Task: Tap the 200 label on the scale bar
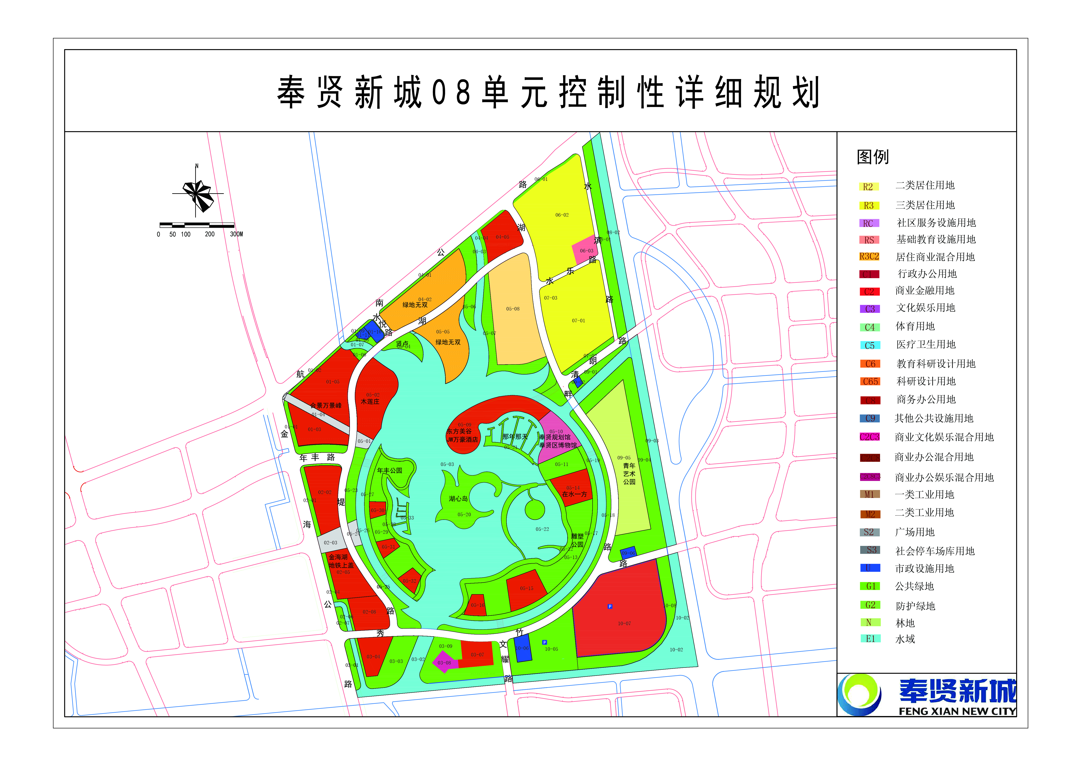point(210,235)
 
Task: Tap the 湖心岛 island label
point(458,499)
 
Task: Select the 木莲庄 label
point(370,402)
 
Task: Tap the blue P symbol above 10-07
point(610,607)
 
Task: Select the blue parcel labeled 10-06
point(522,648)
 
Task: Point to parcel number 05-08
point(513,309)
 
